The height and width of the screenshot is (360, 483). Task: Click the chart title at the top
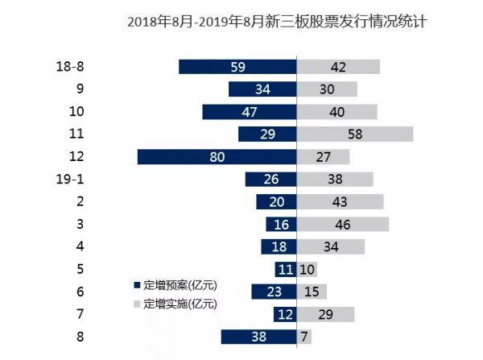276,23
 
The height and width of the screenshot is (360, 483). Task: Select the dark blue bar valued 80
217,157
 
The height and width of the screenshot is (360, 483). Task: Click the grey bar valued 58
355,134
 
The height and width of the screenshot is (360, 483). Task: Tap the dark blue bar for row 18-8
237,67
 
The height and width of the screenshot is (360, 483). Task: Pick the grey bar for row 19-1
335,180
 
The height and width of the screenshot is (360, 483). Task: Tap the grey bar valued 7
304,337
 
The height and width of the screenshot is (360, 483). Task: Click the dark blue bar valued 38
258,337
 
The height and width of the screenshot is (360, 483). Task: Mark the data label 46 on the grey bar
343,225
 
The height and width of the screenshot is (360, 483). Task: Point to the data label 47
250,112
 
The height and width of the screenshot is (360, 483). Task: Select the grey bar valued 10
307,269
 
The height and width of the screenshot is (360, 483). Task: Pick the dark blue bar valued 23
274,292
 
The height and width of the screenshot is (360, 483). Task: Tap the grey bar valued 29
326,314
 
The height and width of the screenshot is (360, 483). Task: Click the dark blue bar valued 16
281,225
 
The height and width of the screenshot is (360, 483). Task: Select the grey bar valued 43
340,202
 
